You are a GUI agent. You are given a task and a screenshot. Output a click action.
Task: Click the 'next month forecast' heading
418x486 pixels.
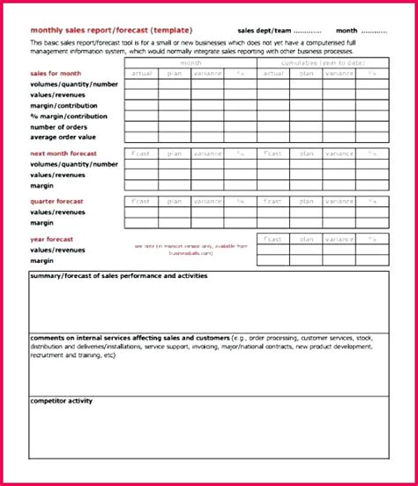point(66,153)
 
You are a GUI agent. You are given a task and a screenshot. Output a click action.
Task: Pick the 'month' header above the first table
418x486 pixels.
point(190,63)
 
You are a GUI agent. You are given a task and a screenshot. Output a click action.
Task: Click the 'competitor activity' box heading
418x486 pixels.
point(61,401)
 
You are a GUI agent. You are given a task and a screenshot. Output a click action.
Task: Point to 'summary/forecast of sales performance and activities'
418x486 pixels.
point(118,276)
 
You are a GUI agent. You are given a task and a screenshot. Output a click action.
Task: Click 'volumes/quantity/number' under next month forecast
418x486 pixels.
point(73,164)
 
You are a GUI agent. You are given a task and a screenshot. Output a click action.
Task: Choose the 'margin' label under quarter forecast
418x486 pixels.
point(41,222)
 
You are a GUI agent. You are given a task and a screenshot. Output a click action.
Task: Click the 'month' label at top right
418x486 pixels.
point(347,30)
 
